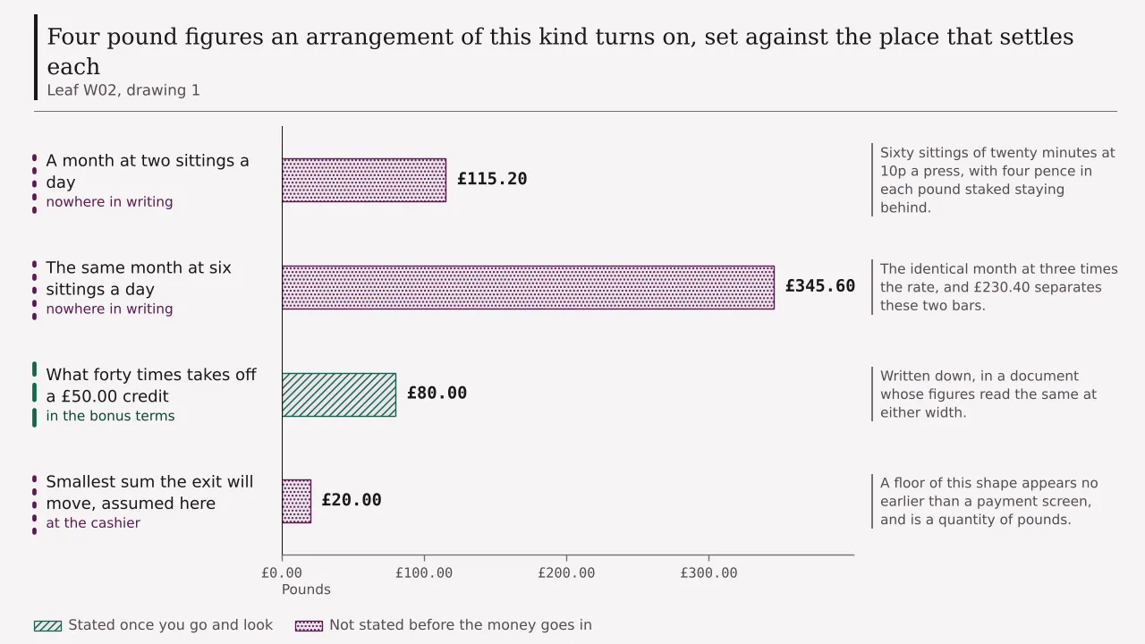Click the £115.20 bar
click(x=364, y=180)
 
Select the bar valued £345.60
click(x=528, y=287)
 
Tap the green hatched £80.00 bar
click(x=339, y=394)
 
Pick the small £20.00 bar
click(x=296, y=502)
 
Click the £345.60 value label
click(x=820, y=286)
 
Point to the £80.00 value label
click(x=437, y=393)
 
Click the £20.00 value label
click(x=352, y=500)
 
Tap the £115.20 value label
click(x=492, y=179)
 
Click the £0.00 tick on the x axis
click(x=282, y=573)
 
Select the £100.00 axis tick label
click(x=424, y=573)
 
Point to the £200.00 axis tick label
click(x=566, y=573)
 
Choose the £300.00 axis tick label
click(x=708, y=573)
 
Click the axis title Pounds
click(x=306, y=589)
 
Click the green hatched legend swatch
click(x=47, y=625)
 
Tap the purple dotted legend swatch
click(x=309, y=625)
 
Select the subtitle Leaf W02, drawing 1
click(x=123, y=90)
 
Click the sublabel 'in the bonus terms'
click(x=110, y=416)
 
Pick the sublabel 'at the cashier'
click(x=93, y=523)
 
